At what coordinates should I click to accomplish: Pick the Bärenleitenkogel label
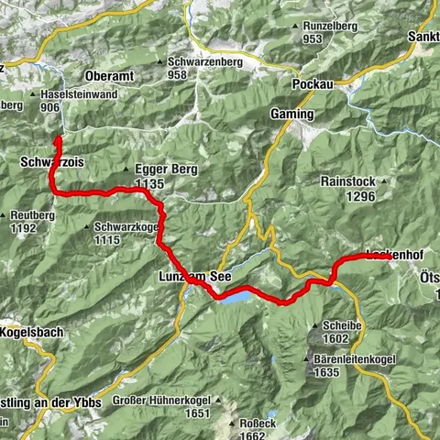click(x=354, y=360)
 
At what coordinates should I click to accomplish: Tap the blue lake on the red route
click(x=233, y=297)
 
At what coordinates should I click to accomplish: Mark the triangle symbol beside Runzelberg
click(x=295, y=27)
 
